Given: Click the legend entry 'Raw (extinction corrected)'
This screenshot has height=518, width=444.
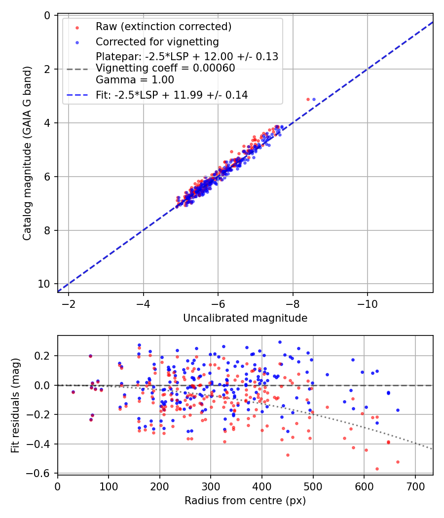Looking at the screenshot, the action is (x=163, y=27).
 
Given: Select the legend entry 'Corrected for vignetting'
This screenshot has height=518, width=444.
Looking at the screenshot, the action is (x=157, y=42).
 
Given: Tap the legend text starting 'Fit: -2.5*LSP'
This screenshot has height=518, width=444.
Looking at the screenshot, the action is (x=172, y=95).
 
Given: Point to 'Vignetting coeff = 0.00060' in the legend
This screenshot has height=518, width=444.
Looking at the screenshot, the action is (x=165, y=68).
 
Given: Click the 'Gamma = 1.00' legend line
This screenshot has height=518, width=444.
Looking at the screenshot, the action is (x=135, y=80).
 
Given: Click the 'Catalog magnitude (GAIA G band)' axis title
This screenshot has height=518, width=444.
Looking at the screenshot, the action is (x=27, y=153).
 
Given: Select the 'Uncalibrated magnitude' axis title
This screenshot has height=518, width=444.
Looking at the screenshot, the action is (x=245, y=318).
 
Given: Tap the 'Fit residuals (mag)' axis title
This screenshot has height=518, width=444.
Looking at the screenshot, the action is (x=15, y=406).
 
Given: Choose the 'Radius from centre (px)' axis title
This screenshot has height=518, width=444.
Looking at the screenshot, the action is (x=245, y=501).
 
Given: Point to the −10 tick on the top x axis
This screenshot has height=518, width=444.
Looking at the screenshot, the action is (x=368, y=304).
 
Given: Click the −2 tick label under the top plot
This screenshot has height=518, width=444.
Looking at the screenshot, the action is (x=69, y=304).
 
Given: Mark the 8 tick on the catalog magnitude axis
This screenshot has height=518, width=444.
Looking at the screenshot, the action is (x=47, y=230).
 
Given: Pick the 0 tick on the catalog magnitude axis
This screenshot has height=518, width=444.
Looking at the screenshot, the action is (x=47, y=15).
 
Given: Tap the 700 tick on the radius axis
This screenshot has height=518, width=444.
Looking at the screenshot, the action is (x=415, y=486).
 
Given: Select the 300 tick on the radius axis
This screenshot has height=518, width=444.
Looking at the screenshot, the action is (x=211, y=486).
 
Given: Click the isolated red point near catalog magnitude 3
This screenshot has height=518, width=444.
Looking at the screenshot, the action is (x=308, y=100).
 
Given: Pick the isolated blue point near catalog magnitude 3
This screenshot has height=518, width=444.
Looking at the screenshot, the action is (x=314, y=100).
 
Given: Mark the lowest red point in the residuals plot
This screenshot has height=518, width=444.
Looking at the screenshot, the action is (x=377, y=469).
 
